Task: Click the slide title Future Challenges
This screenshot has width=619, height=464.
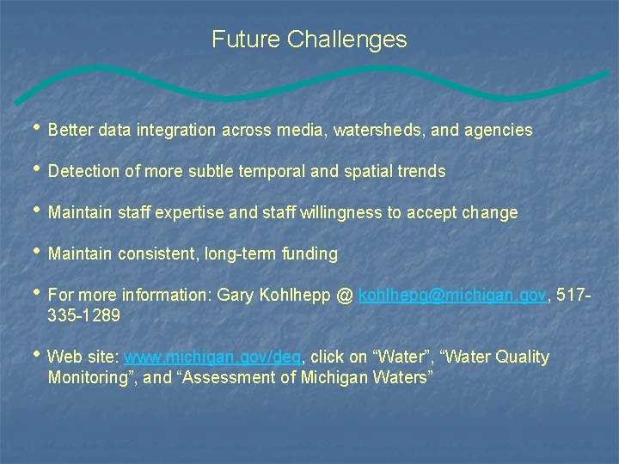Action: click(x=309, y=40)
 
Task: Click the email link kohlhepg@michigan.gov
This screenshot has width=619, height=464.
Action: click(x=453, y=296)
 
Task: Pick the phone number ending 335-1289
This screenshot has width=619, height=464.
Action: click(x=84, y=315)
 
